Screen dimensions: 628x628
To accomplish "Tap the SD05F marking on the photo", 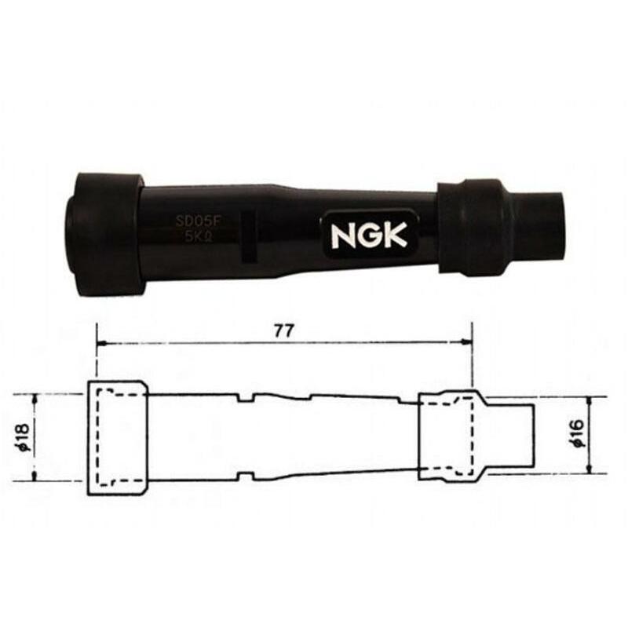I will pyautogui.click(x=201, y=222).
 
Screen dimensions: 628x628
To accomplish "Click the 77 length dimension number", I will pyautogui.click(x=283, y=330).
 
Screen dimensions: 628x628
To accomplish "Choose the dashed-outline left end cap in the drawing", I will pyautogui.click(x=116, y=437).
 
